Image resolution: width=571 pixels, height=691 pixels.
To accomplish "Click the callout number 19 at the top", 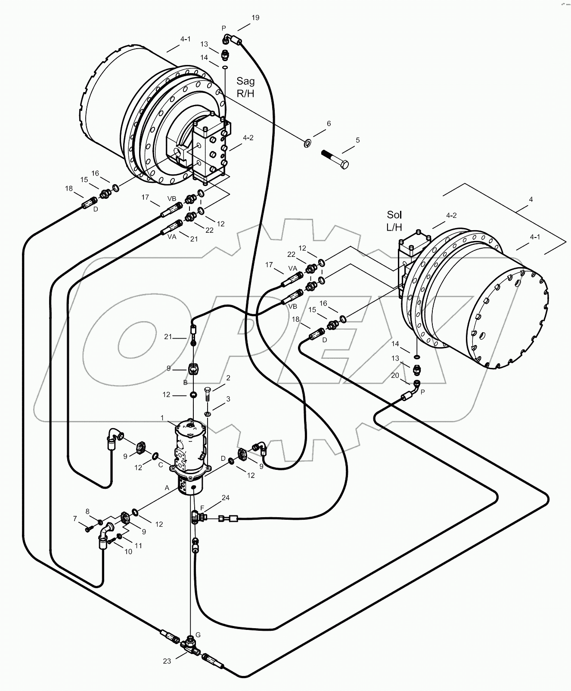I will click(255, 18).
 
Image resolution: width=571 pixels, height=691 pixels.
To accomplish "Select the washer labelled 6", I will click(307, 142).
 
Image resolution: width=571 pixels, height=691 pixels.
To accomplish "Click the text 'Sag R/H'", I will click(245, 87).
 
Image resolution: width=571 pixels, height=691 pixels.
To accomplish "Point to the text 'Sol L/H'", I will click(394, 220).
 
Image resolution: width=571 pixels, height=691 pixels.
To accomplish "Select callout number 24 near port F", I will click(225, 498).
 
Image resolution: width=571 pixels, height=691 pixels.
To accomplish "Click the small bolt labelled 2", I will click(208, 393).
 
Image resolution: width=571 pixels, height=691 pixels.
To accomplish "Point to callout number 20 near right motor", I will click(395, 375).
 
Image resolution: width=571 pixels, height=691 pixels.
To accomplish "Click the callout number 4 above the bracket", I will click(531, 199).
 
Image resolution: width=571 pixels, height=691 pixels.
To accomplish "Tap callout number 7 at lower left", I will click(74, 519).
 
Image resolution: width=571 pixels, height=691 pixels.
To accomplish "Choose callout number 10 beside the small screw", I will click(128, 552).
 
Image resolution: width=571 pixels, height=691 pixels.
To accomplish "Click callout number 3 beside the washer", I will click(228, 399).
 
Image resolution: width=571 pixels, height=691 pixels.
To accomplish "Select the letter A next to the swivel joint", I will click(167, 488).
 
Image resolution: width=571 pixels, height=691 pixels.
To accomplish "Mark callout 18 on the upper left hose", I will click(69, 188).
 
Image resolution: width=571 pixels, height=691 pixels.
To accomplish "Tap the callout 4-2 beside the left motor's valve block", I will click(248, 138).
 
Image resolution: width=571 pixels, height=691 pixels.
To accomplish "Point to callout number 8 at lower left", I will click(87, 511).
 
